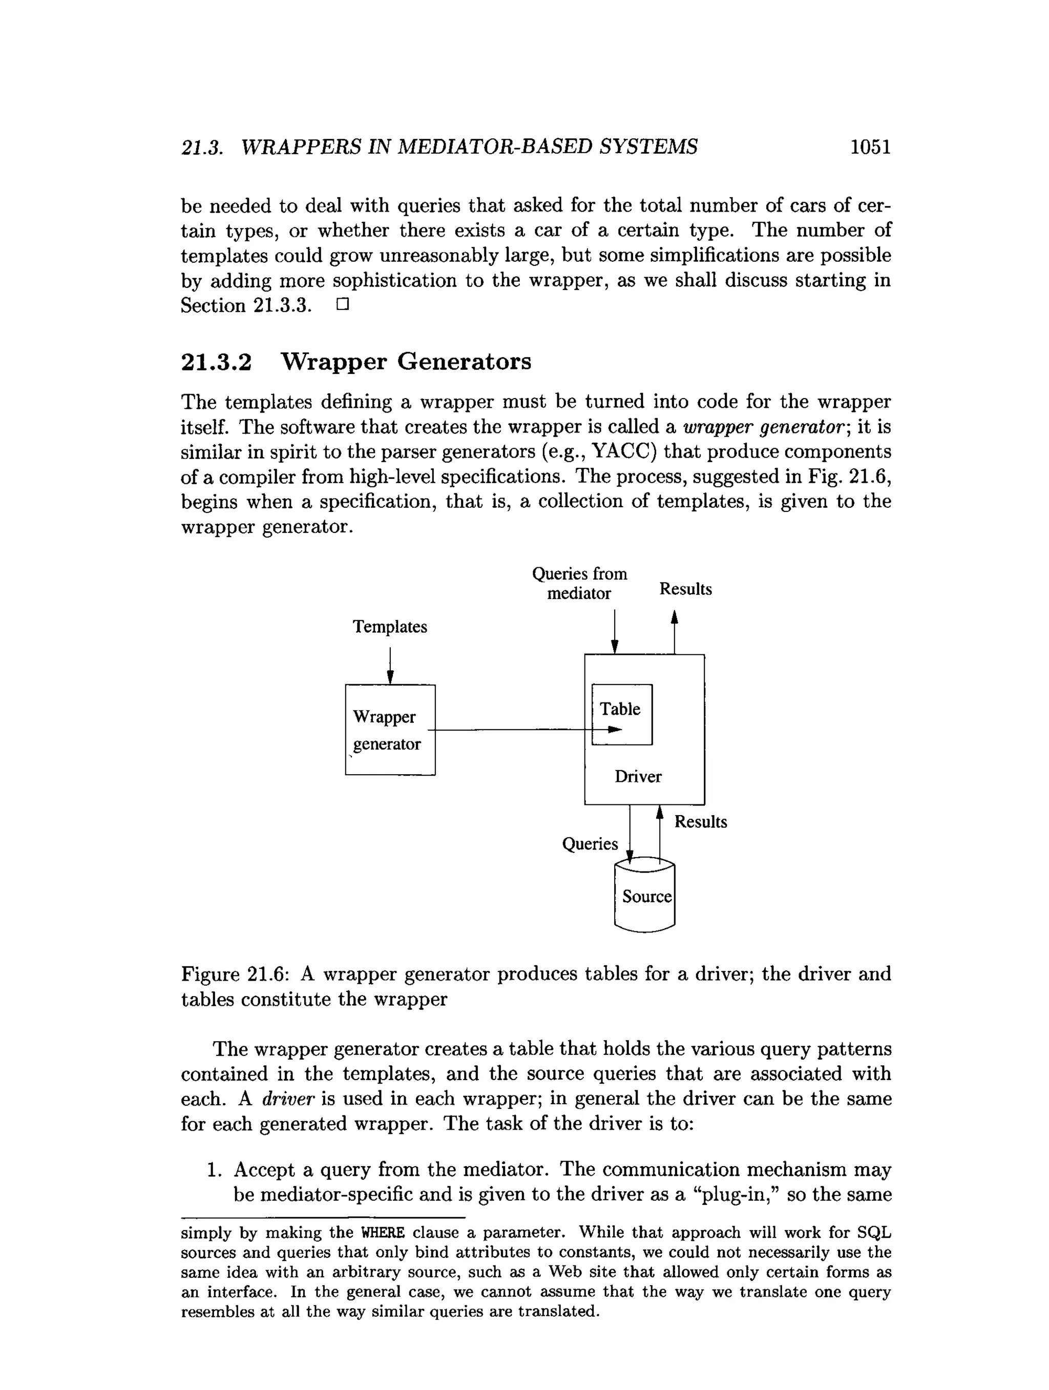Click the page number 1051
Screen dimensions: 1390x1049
click(x=870, y=147)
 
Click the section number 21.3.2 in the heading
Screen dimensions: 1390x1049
click(x=216, y=362)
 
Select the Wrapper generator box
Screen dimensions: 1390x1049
click(x=390, y=730)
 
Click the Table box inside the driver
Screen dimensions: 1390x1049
click(x=622, y=714)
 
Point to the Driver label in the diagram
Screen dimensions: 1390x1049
click(x=638, y=777)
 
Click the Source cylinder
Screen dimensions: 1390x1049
click(x=644, y=897)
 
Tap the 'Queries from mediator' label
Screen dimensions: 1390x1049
click(x=579, y=583)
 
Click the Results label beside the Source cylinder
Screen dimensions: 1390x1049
click(x=700, y=822)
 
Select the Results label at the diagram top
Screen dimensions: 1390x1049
click(x=685, y=589)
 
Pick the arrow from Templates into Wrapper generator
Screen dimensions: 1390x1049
click(x=390, y=666)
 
